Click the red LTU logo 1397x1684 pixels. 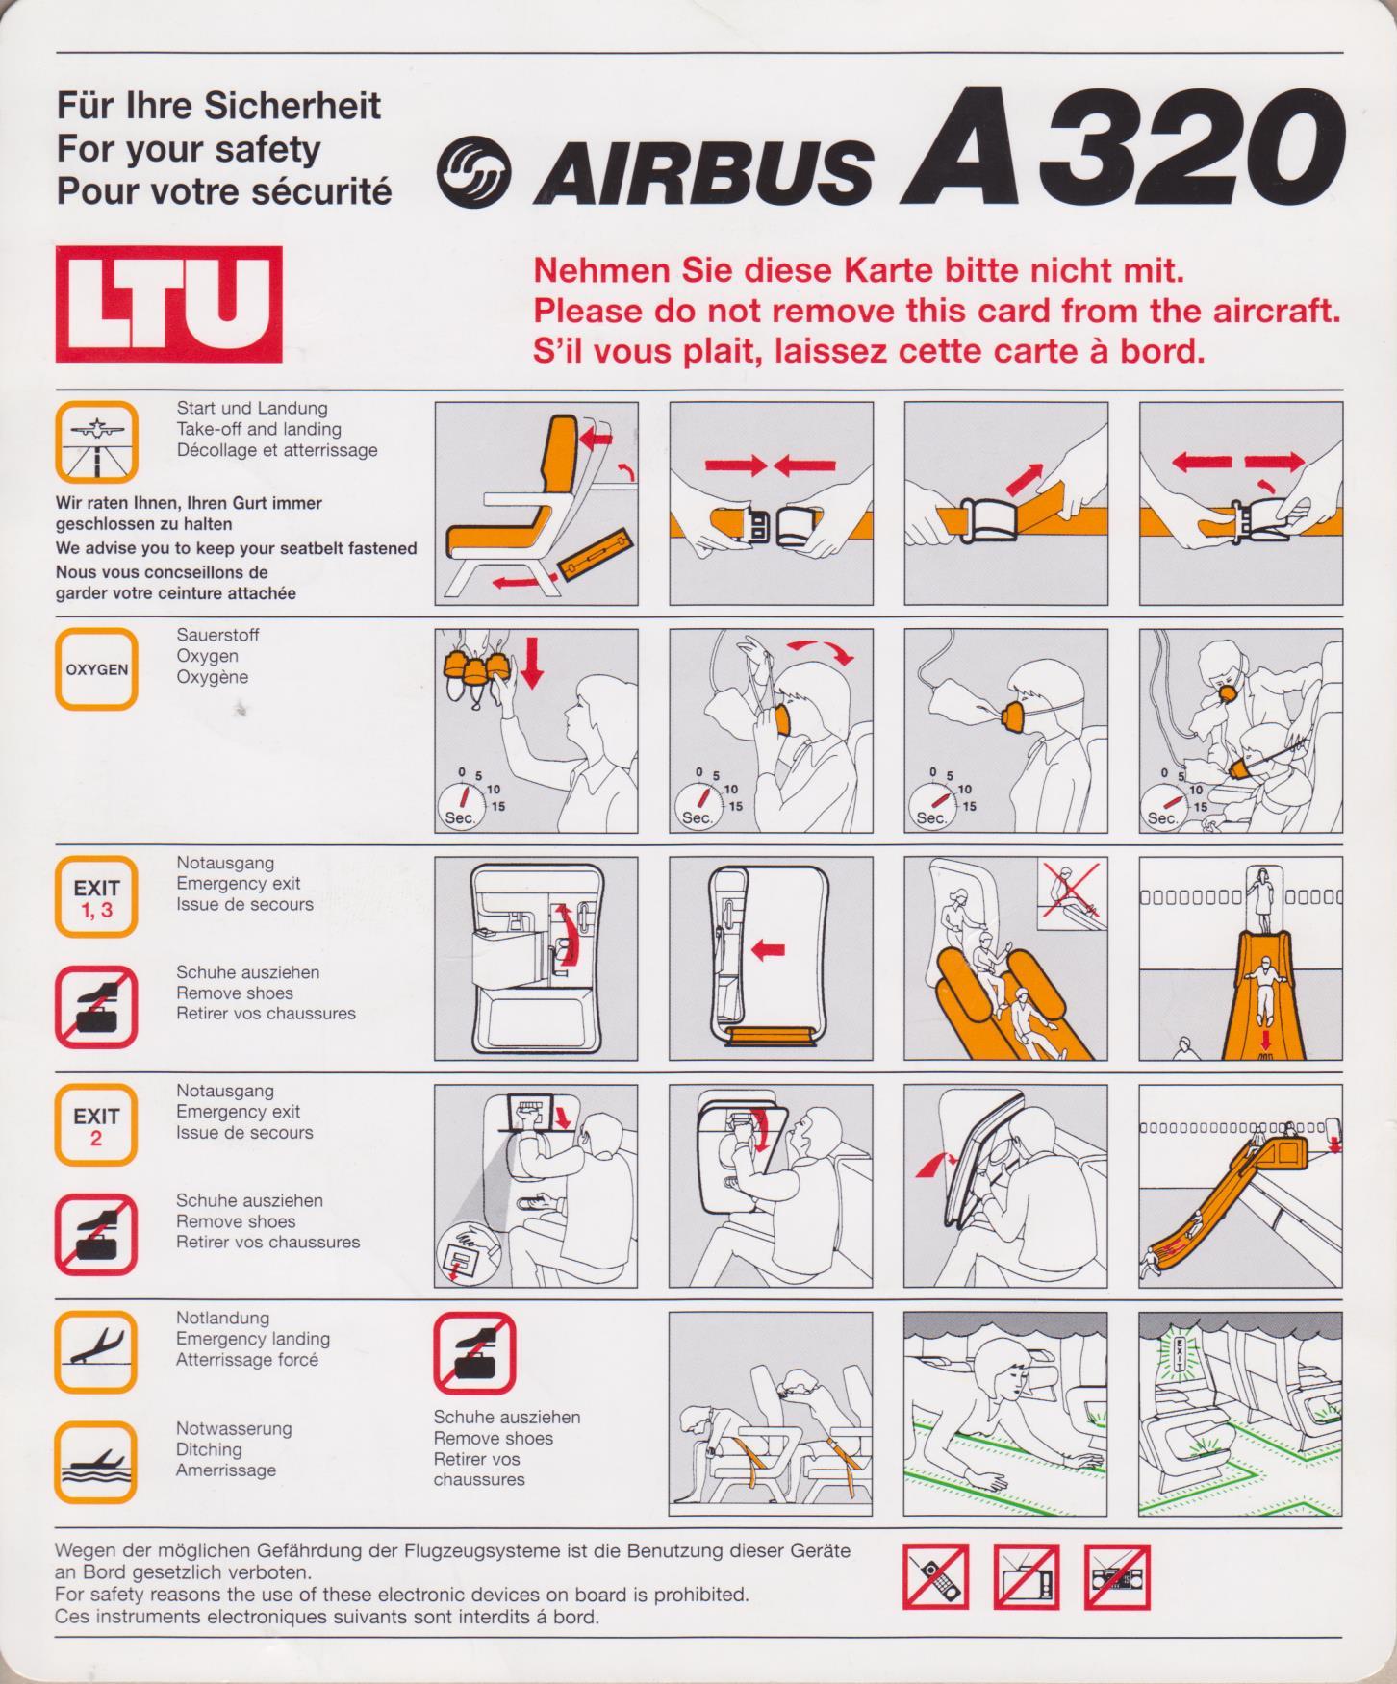[x=168, y=304]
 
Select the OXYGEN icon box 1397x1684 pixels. [x=96, y=668]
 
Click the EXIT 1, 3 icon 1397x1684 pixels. [x=96, y=896]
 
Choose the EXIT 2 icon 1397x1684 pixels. [x=96, y=1125]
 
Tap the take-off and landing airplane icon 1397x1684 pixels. [x=96, y=441]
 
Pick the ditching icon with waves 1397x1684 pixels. [x=96, y=1462]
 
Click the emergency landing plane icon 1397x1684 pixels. [x=96, y=1351]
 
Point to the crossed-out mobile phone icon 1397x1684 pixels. [x=936, y=1576]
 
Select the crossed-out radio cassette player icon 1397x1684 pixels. [x=1117, y=1576]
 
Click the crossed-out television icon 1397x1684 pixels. [x=1027, y=1576]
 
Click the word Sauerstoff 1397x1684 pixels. [x=217, y=635]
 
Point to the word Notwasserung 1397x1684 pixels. [x=234, y=1428]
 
